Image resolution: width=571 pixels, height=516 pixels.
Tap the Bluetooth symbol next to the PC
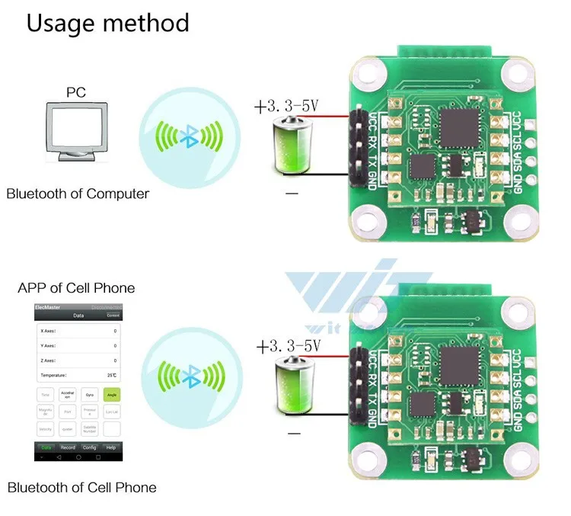point(188,136)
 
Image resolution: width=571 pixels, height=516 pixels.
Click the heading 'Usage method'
point(108,23)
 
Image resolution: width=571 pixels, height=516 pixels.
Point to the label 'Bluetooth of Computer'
point(78,194)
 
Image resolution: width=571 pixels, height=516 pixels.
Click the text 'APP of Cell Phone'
point(76,288)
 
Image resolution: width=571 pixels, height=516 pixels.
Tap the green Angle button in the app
point(112,396)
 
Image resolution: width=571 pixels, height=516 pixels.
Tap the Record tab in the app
point(68,447)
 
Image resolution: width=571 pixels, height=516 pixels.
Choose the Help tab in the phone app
point(111,447)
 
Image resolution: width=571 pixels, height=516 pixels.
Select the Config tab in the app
point(90,447)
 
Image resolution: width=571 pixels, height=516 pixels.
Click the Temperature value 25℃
point(112,376)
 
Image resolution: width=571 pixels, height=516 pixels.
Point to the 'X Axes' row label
point(49,332)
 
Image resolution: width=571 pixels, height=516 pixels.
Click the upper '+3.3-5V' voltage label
point(288,105)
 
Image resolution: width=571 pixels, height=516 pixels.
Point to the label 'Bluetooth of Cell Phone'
point(81,488)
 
